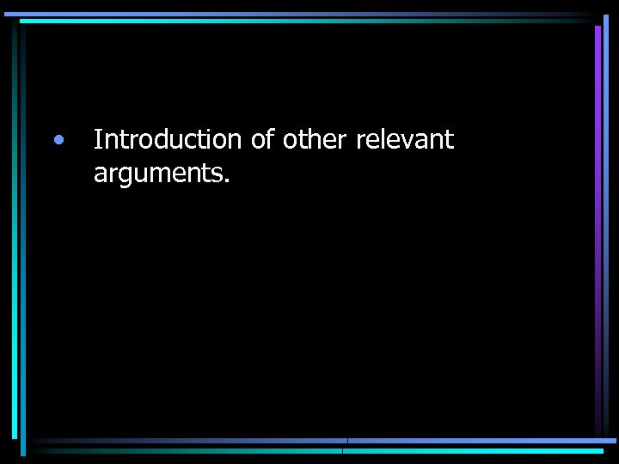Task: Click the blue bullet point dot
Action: tap(57, 139)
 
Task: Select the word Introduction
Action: tap(168, 139)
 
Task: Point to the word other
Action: tap(315, 139)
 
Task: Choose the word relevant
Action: tap(404, 139)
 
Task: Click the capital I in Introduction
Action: tap(97, 139)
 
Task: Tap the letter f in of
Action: tap(269, 138)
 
